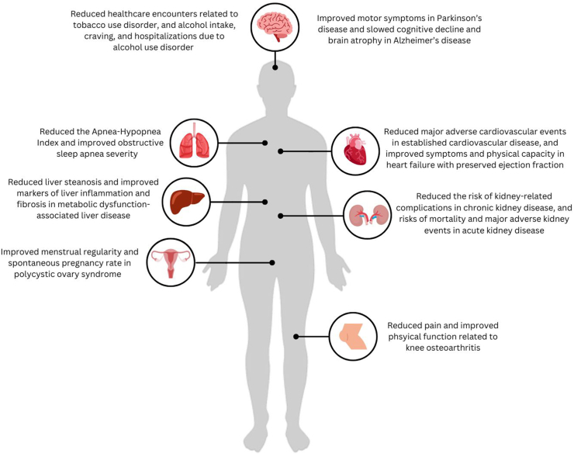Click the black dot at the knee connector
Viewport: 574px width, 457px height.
pos(296,336)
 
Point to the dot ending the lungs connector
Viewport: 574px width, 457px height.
pos(265,143)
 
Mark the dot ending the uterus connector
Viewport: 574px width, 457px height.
pos(271,262)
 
